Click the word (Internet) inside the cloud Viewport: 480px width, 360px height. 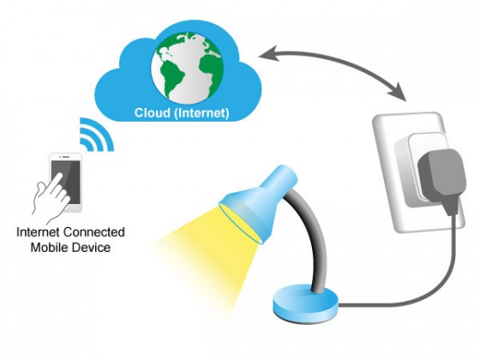pyautogui.click(x=201, y=113)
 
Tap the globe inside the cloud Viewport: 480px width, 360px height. pyautogui.click(x=187, y=68)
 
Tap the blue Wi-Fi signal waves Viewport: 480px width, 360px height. pyautogui.click(x=96, y=135)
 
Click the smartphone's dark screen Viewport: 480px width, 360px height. pyautogui.click(x=66, y=182)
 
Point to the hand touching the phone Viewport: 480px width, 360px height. pyautogui.click(x=51, y=196)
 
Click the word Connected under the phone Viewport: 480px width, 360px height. pyautogui.click(x=94, y=232)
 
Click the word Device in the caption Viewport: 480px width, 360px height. pyautogui.click(x=92, y=247)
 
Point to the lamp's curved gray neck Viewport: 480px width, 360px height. pyautogui.click(x=315, y=232)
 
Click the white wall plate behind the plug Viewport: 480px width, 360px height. pyautogui.click(x=389, y=171)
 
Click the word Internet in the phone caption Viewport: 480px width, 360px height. pyautogui.click(x=38, y=232)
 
